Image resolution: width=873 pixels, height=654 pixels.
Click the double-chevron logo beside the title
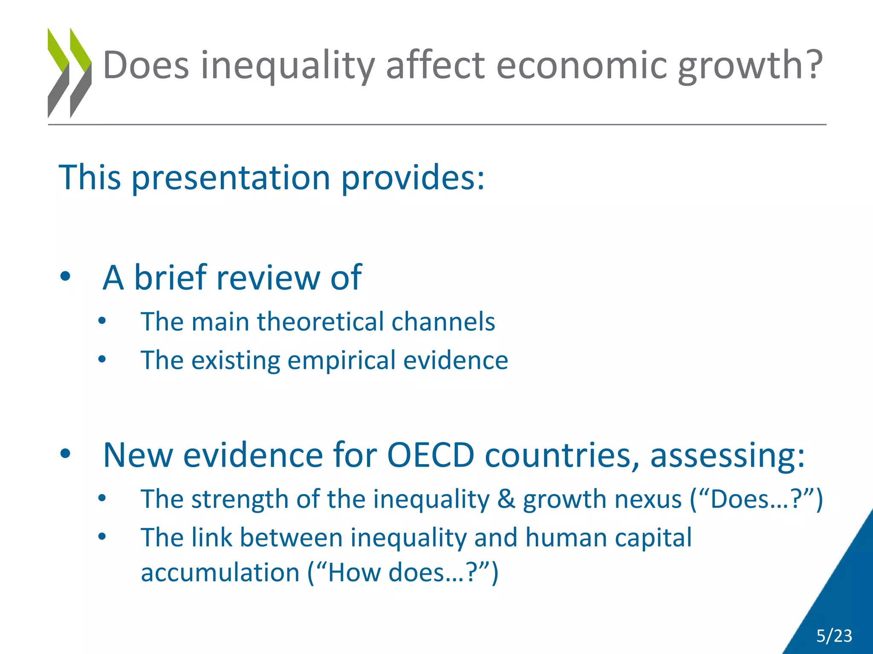69,72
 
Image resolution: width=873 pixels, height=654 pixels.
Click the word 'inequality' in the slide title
288,66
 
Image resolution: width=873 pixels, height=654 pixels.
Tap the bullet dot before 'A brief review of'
65,277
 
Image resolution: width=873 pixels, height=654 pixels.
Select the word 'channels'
443,321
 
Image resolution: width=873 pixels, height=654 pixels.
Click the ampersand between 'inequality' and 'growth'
506,499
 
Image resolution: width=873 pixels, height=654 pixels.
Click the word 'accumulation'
220,573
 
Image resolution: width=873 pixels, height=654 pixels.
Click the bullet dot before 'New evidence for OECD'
65,454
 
